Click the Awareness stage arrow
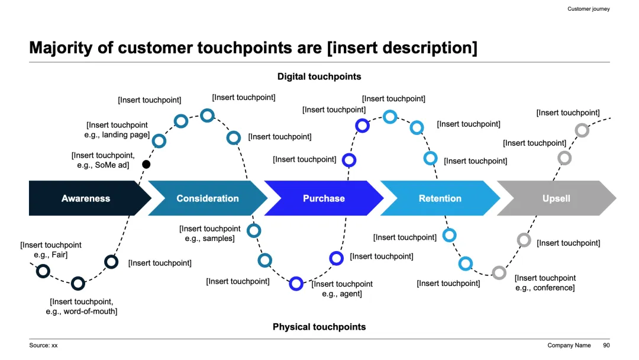pos(86,198)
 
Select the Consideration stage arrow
pos(207,198)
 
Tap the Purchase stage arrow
pos(324,198)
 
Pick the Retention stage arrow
pos(440,198)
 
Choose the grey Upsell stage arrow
pos(556,198)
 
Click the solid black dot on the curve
pos(146,164)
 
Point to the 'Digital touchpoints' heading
pos(319,76)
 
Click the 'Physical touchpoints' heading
pos(319,327)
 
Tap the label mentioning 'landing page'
pos(117,130)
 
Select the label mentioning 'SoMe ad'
pos(103,160)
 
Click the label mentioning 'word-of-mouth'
pos(82,306)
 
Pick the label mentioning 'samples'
pos(210,233)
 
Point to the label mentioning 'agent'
pos(342,288)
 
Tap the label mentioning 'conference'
pos(545,282)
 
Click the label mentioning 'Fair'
pos(51,249)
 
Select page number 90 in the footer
pos(606,345)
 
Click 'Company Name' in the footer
pos(569,345)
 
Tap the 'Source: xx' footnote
pos(44,345)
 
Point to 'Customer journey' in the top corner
pos(588,9)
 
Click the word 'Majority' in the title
pos(61,47)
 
